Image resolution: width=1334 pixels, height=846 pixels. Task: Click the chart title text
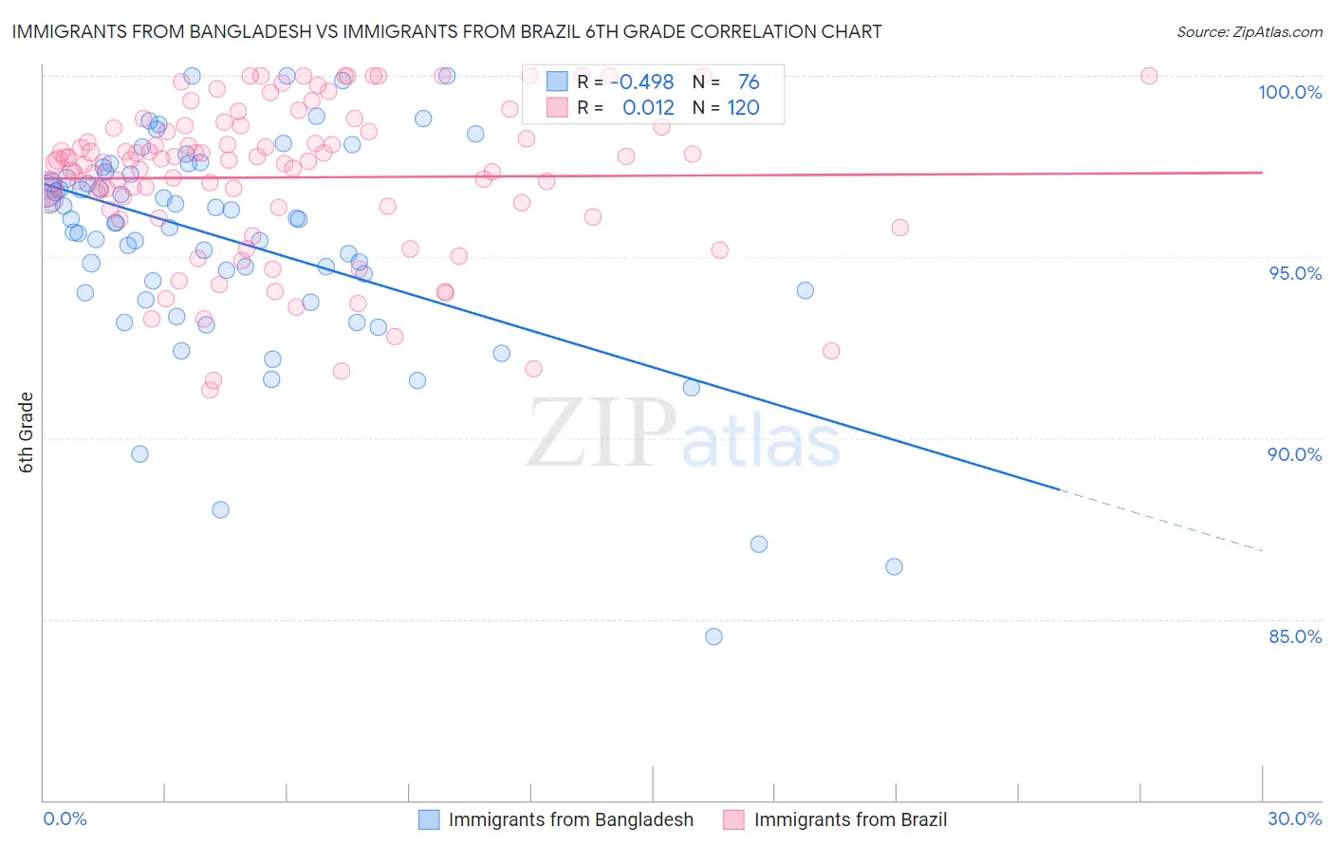click(x=446, y=32)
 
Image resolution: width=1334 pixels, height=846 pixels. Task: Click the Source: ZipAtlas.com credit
click(x=1249, y=32)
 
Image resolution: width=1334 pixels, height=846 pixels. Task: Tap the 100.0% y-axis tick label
click(x=1289, y=93)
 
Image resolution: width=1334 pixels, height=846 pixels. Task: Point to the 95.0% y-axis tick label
click(x=1295, y=274)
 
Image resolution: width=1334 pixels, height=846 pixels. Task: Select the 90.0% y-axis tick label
click(x=1294, y=455)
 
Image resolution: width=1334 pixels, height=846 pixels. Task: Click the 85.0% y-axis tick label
click(x=1294, y=636)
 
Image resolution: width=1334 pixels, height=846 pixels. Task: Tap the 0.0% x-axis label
click(x=65, y=818)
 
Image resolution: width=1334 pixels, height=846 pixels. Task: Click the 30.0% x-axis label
click(x=1294, y=818)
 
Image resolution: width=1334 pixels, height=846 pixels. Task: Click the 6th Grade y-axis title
click(x=27, y=432)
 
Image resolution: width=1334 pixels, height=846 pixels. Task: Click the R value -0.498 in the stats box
click(x=642, y=83)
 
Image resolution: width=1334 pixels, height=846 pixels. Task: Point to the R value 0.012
click(x=648, y=108)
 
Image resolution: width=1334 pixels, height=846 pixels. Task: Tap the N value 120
click(x=743, y=108)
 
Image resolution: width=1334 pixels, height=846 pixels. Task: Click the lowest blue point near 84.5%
click(x=713, y=636)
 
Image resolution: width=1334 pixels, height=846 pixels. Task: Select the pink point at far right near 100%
click(x=1148, y=76)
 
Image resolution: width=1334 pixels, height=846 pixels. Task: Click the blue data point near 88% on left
click(x=220, y=509)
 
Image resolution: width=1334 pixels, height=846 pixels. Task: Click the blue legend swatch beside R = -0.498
click(x=556, y=83)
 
